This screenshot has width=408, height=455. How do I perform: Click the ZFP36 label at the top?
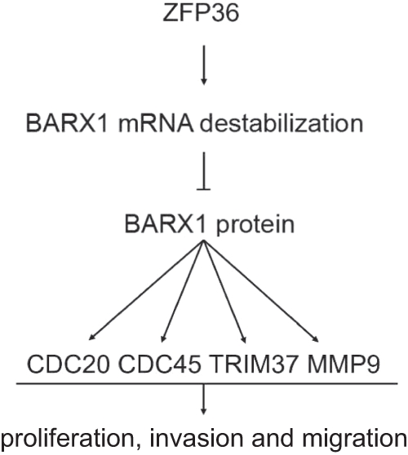[201, 13]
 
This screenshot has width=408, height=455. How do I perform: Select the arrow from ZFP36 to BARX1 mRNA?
[203, 65]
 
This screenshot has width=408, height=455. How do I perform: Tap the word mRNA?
[156, 124]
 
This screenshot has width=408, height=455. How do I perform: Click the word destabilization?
[282, 124]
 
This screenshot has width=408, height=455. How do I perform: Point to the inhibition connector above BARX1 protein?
[203, 171]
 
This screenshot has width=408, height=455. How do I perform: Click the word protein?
[255, 225]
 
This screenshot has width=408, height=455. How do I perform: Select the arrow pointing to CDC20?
[146, 290]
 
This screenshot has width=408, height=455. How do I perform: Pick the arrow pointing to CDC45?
[183, 291]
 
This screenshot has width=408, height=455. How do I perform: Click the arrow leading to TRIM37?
[225, 292]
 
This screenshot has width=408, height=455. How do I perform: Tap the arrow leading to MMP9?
[261, 291]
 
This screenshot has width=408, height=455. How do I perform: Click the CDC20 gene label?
[69, 364]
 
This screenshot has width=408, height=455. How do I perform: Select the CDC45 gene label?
[160, 364]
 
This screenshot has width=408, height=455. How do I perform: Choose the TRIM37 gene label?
[254, 364]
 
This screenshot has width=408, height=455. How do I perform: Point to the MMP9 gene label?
[344, 364]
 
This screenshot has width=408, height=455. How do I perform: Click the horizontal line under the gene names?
[206, 383]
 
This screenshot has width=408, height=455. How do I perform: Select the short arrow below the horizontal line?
[203, 400]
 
